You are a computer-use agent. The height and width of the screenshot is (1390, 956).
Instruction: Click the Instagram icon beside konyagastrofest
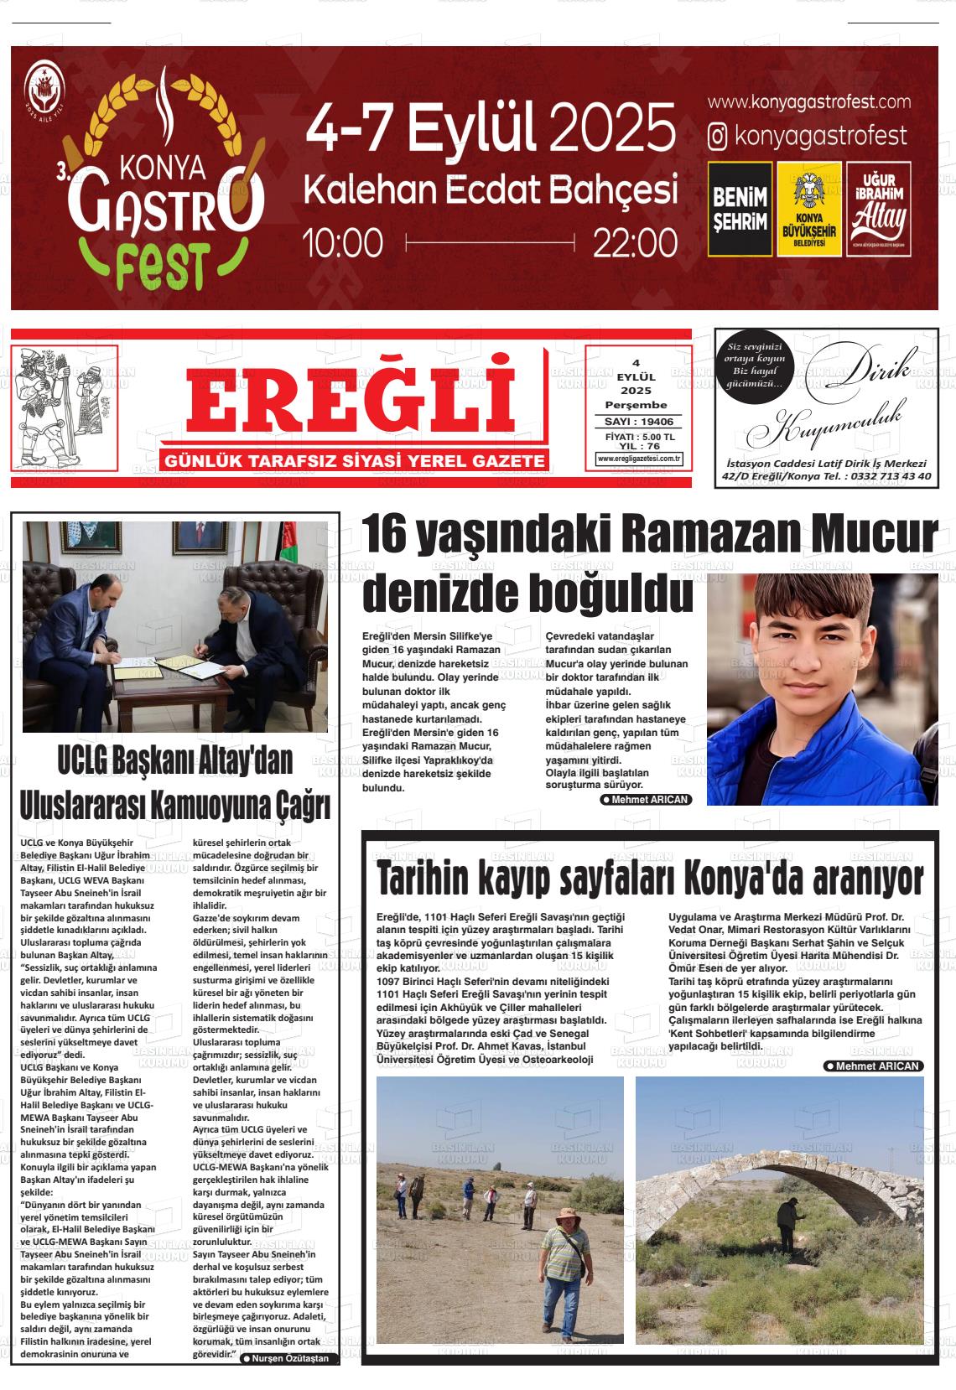point(717,137)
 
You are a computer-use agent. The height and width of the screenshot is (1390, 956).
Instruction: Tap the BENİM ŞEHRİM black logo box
point(740,209)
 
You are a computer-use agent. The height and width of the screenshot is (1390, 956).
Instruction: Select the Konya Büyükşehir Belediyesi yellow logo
point(809,209)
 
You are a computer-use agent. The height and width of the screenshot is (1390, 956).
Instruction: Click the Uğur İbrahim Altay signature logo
point(879,209)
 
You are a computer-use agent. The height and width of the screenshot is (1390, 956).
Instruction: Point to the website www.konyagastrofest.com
point(808,102)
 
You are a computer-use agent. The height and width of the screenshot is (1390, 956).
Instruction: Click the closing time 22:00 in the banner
point(635,244)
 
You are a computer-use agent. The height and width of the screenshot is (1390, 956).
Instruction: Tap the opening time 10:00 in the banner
point(343,244)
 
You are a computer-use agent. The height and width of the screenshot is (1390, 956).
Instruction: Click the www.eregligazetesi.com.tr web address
point(639,459)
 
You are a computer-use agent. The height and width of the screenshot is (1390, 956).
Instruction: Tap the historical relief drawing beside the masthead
point(64,407)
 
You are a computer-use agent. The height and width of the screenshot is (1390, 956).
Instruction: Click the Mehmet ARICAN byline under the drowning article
point(646,800)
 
